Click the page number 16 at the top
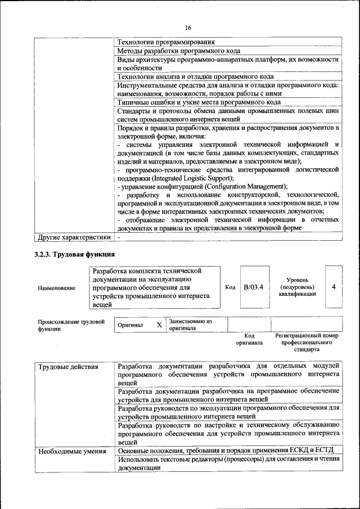(188, 28)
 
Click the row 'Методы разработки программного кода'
(179, 51)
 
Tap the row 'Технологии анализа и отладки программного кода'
(195, 76)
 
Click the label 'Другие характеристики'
(73, 237)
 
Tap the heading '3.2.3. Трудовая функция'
(70, 256)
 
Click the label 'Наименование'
(56, 288)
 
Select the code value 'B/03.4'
(253, 287)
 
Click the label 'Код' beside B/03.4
(230, 287)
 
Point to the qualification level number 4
(334, 287)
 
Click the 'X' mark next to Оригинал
(159, 325)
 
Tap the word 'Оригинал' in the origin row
(130, 325)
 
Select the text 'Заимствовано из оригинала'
(190, 325)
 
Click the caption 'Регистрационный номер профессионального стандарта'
(307, 342)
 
